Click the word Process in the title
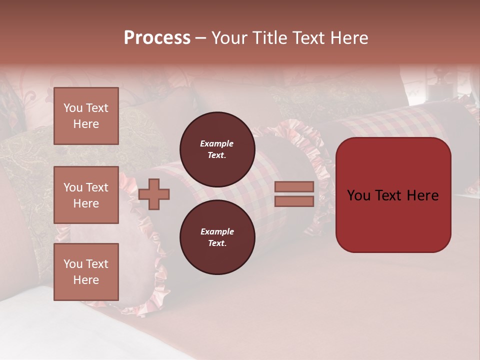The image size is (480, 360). (157, 37)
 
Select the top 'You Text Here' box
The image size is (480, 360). (86, 116)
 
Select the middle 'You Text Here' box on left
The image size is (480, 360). (86, 195)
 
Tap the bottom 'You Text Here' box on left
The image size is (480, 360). (86, 272)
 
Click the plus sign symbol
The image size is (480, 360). (154, 194)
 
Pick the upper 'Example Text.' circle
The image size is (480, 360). (217, 149)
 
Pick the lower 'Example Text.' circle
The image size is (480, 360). (217, 237)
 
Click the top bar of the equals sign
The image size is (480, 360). (294, 187)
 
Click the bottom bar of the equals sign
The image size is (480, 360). (294, 201)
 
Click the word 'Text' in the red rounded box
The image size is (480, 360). (392, 195)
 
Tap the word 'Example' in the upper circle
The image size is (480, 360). (217, 143)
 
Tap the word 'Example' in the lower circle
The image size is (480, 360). (217, 231)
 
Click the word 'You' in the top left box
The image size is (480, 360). (73, 108)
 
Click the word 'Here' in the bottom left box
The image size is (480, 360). (86, 280)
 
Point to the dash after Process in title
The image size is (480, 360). (200, 38)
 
